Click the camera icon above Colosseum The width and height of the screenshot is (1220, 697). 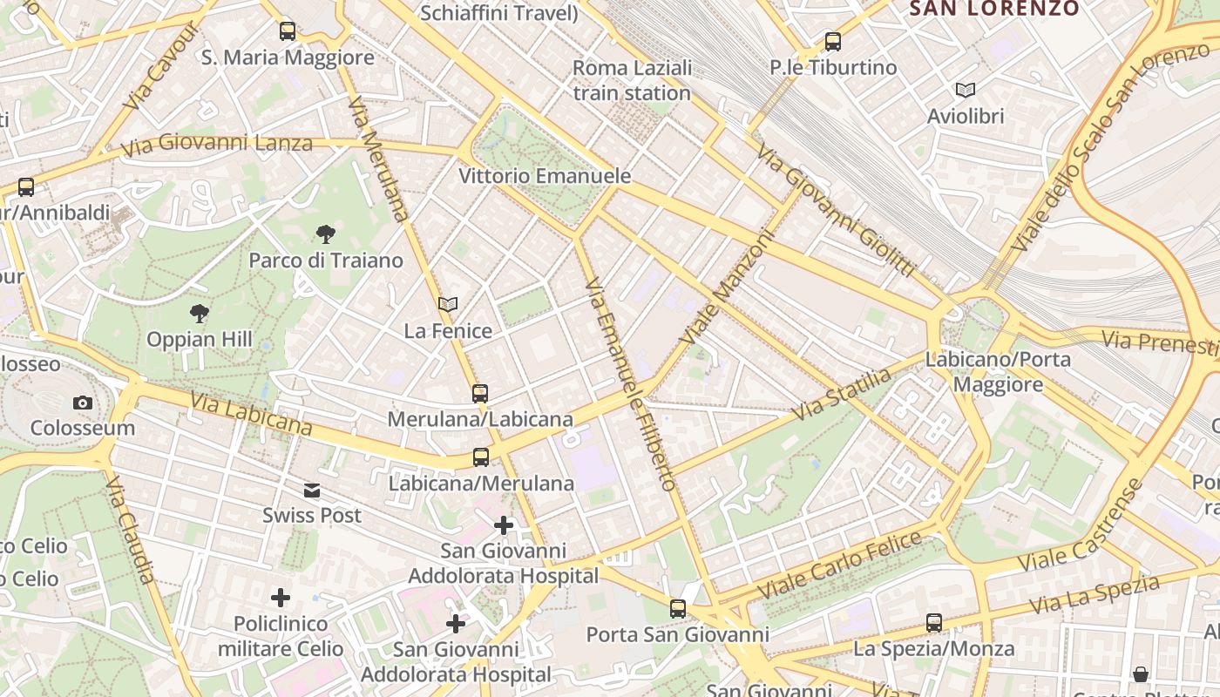83,403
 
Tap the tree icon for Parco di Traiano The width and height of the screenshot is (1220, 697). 326,233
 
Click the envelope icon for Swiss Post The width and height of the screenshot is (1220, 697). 312,491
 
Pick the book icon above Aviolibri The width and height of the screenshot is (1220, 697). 966,90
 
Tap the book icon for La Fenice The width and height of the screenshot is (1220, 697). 448,304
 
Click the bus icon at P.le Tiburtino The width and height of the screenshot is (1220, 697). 833,41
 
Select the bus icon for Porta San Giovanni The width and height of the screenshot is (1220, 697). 678,608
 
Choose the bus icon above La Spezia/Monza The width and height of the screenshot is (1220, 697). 934,622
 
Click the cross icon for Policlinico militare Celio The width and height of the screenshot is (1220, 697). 281,598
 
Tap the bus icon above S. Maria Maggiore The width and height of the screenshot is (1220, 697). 288,31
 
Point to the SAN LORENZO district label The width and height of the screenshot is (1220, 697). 993,9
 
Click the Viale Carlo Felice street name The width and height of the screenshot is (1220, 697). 840,565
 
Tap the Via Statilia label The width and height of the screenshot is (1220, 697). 842,394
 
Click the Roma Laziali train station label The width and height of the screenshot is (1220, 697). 632,80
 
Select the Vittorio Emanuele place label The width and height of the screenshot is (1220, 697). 545,176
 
